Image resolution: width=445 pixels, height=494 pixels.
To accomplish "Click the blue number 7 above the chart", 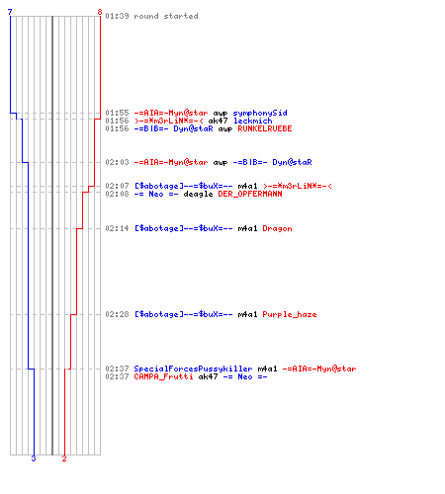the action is [10, 12].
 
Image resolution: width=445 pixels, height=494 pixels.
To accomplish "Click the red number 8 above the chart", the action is [100, 12].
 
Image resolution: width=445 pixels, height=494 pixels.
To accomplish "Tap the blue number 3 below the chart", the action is [34, 458].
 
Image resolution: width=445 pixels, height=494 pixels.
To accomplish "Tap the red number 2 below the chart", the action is [64, 458].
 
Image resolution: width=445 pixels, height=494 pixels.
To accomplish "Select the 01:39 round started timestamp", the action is [117, 16].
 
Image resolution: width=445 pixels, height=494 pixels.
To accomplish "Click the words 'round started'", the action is [166, 16].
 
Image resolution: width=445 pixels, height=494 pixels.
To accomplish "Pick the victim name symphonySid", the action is [260, 113].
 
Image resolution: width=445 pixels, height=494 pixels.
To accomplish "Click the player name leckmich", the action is [253, 121].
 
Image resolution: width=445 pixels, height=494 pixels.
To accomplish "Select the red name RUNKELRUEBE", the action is [265, 128].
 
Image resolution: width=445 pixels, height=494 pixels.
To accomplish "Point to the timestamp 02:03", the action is [117, 162].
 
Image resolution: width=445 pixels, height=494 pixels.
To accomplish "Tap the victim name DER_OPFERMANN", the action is [250, 194].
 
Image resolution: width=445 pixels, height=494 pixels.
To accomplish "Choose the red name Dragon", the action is [277, 228].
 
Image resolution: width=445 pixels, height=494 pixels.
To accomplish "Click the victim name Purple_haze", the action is [290, 314].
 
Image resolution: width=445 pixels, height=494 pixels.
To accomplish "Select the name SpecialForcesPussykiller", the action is [193, 369].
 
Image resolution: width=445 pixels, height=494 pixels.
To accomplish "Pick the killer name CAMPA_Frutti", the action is [163, 376].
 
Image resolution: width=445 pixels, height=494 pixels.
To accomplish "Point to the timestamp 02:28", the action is [117, 314].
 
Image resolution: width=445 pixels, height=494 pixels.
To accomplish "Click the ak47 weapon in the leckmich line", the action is [218, 121].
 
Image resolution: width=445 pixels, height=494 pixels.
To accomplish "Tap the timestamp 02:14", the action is [117, 228].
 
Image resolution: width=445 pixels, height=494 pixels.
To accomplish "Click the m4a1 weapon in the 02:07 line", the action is [247, 186].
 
